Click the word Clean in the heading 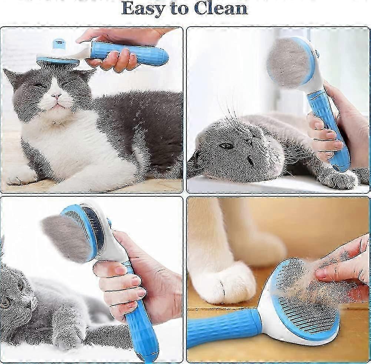(221, 8)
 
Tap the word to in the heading (179, 9)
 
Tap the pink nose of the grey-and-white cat (56, 96)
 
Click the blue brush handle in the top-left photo (129, 54)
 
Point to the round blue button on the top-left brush (59, 44)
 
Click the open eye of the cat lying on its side (226, 146)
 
